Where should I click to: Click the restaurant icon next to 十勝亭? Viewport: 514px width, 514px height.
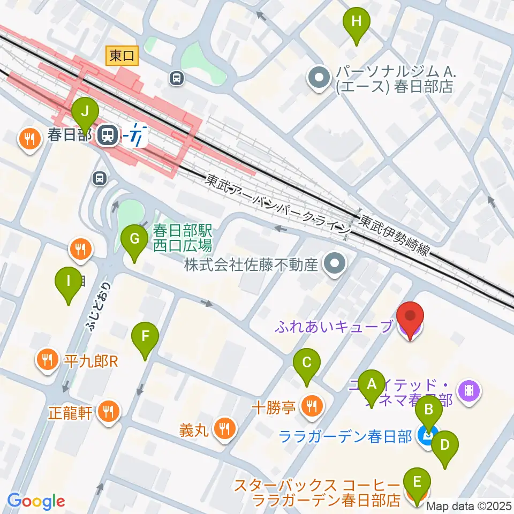[x=311, y=407]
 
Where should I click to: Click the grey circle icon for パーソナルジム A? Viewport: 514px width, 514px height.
[x=320, y=78]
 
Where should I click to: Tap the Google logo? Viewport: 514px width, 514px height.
[x=36, y=501]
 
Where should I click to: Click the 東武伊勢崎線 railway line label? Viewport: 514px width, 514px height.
[x=394, y=236]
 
